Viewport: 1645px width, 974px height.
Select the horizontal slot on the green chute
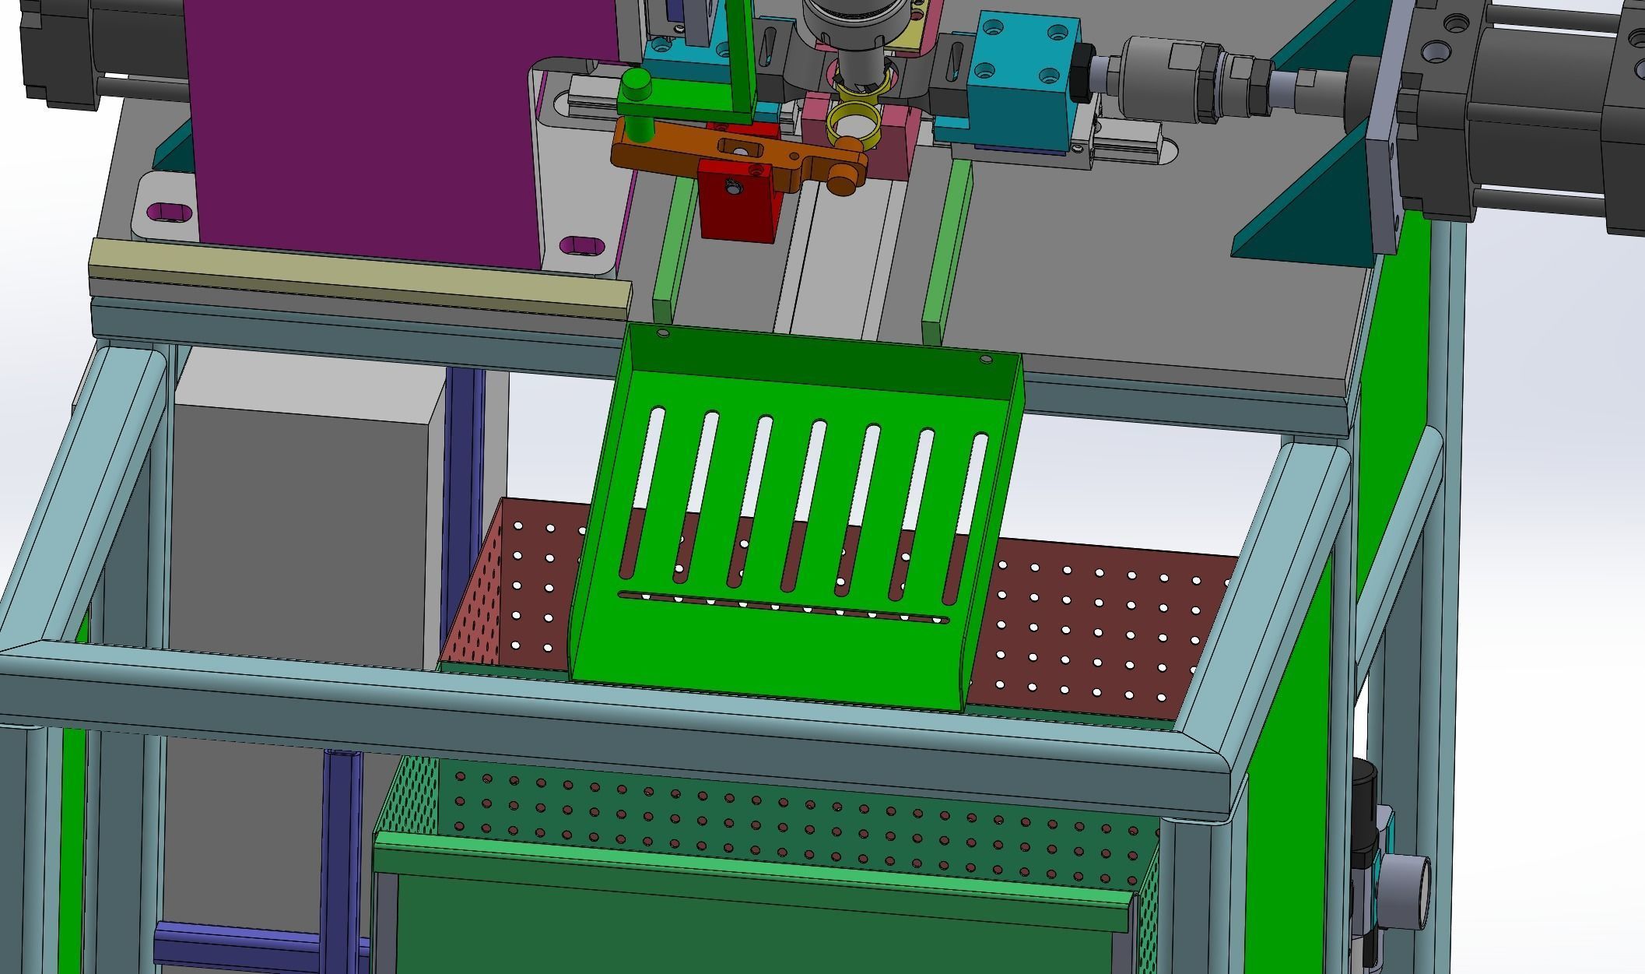pyautogui.click(x=784, y=608)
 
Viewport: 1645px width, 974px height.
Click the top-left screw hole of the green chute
pyautogui.click(x=663, y=333)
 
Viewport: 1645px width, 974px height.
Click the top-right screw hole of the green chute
pyautogui.click(x=986, y=360)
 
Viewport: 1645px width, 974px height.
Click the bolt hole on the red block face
pyautogui.click(x=732, y=186)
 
